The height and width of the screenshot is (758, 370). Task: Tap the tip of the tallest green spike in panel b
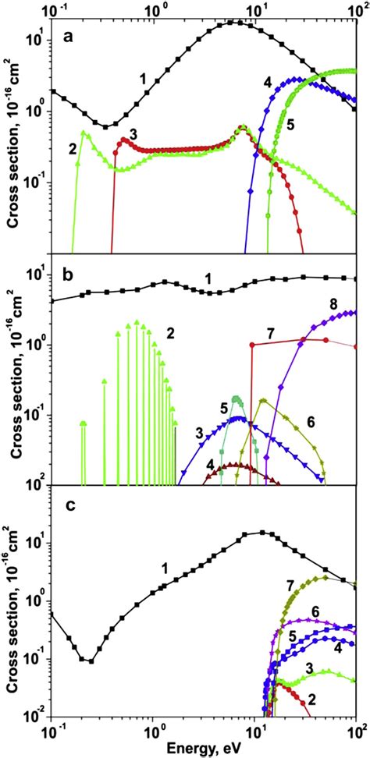(137, 321)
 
